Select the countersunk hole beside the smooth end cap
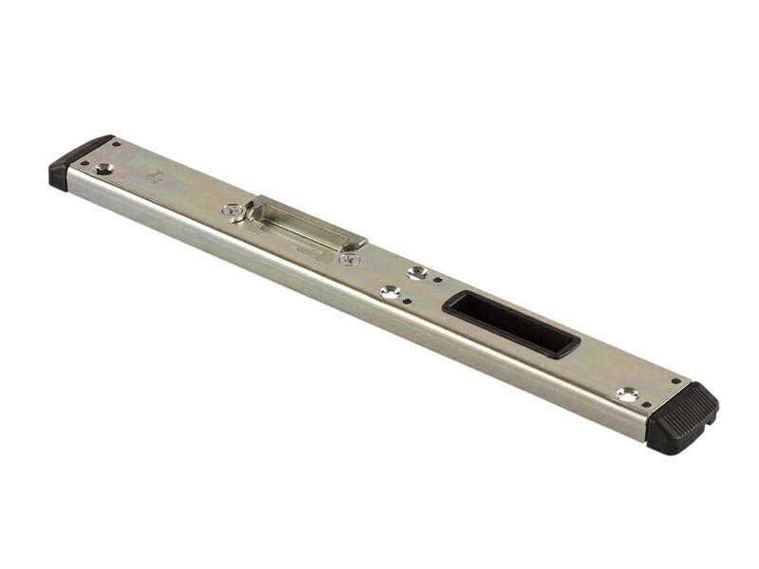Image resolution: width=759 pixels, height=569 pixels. (104, 169)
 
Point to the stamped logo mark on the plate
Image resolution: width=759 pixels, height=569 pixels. (155, 175)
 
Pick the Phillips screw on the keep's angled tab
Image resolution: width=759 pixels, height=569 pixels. (351, 257)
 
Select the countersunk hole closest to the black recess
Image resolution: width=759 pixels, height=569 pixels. (417, 273)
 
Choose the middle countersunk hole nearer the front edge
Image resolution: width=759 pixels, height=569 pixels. (389, 292)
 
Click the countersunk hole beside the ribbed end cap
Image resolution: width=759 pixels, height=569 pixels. (626, 393)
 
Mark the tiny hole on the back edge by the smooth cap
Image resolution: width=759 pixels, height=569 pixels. (117, 144)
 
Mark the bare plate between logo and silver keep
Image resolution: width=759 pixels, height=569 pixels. (194, 190)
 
